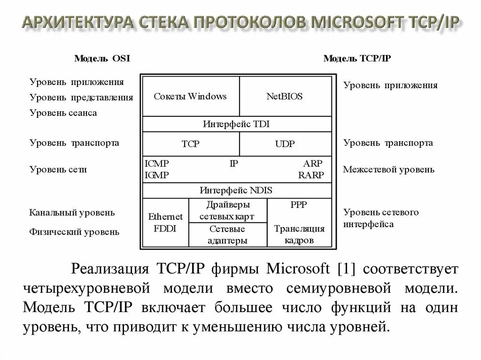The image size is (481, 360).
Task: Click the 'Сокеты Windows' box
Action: pyautogui.click(x=190, y=97)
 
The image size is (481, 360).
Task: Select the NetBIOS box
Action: pyautogui.click(x=285, y=97)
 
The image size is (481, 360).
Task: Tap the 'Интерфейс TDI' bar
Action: pyautogui.click(x=236, y=124)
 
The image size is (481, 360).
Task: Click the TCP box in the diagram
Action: pyautogui.click(x=190, y=144)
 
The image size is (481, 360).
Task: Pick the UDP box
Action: pyautogui.click(x=285, y=144)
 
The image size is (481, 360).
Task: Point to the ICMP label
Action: pyautogui.click(x=157, y=164)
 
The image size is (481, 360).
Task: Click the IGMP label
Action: pyautogui.click(x=157, y=175)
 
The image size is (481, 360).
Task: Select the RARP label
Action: pyautogui.click(x=311, y=175)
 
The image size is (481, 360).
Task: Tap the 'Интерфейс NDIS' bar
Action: pyautogui.click(x=236, y=191)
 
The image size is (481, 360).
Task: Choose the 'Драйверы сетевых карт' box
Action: pyautogui.click(x=228, y=210)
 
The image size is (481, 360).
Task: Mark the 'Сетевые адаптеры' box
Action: pyautogui.click(x=228, y=235)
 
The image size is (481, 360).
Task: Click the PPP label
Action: pyautogui.click(x=299, y=205)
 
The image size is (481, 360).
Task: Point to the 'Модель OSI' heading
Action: pyautogui.click(x=102, y=58)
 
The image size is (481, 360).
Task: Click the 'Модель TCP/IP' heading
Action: pyautogui.click(x=357, y=58)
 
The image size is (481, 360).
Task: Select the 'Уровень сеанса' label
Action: pyautogui.click(x=63, y=113)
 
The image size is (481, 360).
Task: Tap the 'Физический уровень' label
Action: pyautogui.click(x=74, y=231)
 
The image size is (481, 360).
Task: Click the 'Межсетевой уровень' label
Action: pyautogui.click(x=388, y=169)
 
